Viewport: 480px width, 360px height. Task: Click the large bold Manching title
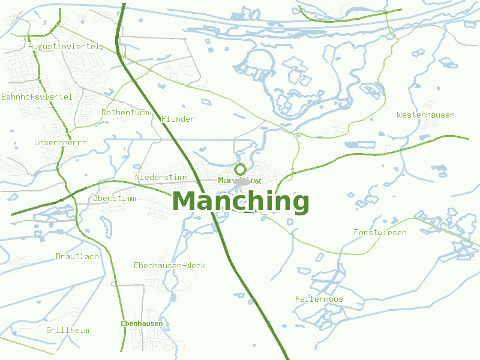pos(241,201)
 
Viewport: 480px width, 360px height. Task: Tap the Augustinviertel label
pos(64,46)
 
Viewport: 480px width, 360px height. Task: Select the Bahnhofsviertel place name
pos(37,97)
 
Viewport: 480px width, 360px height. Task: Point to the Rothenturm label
pos(125,112)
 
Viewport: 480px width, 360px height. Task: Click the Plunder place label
pos(178,119)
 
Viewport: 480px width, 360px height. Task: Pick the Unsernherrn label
pos(61,143)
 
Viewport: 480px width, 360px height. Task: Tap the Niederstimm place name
pos(161,177)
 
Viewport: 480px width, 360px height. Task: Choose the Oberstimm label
pos(115,199)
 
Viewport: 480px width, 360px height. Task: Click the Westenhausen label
pos(425,115)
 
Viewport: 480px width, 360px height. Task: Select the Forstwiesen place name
pos(380,232)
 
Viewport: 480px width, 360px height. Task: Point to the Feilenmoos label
pos(319,299)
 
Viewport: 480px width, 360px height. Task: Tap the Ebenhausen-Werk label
pos(169,265)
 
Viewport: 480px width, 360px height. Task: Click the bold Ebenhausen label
pos(142,323)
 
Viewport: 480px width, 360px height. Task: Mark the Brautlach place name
pos(77,256)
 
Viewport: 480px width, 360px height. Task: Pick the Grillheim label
pos(68,330)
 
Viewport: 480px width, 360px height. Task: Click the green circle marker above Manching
pos(240,169)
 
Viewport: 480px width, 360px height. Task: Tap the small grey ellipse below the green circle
pos(242,182)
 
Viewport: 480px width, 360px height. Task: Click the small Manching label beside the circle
pos(239,180)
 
